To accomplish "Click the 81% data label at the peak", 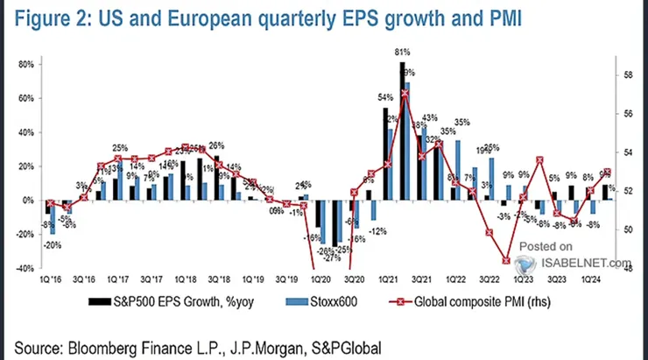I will [x=401, y=54].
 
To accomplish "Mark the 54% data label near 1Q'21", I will [x=384, y=97].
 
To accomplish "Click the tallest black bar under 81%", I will [x=401, y=131].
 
